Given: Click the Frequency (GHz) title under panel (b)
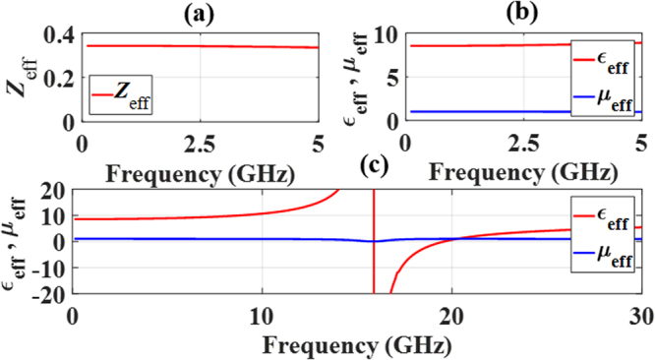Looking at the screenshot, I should [x=526, y=169].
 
